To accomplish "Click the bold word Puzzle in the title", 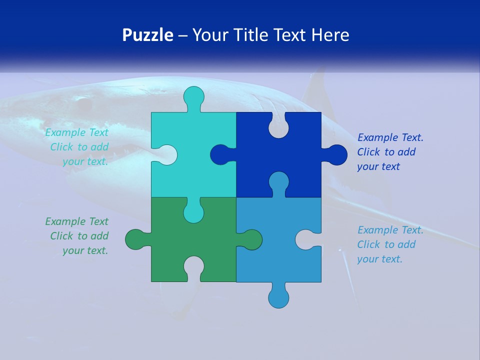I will [x=148, y=35].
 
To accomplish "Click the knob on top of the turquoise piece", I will [x=193, y=97].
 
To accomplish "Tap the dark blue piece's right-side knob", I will [x=336, y=154].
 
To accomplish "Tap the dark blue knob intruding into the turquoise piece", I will [x=220, y=154].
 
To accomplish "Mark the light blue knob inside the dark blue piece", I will [x=278, y=182].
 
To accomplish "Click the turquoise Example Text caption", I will [x=78, y=147].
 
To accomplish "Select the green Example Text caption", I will [x=78, y=236].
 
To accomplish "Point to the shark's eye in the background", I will [x=83, y=104].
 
